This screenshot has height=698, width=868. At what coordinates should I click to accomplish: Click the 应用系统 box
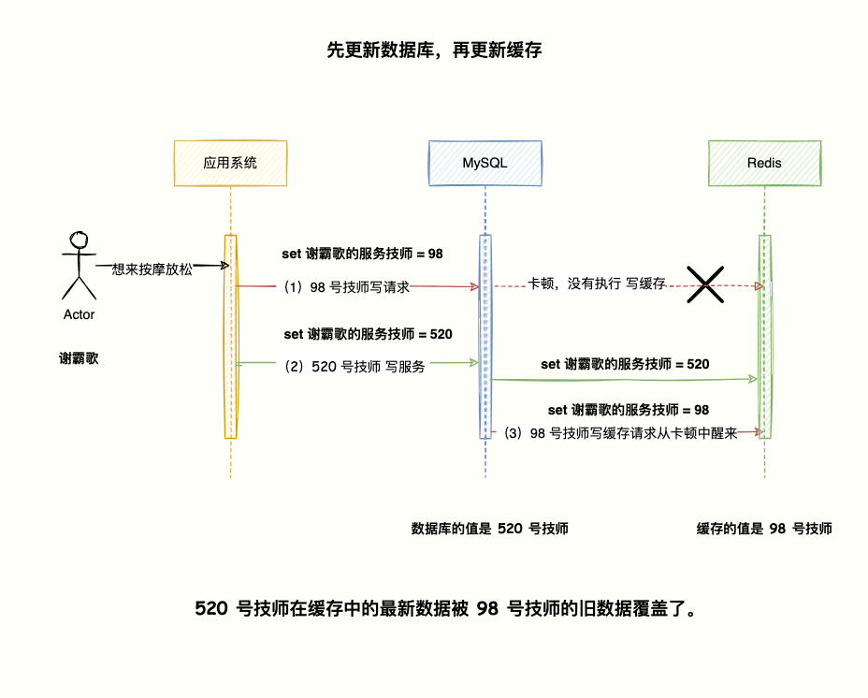tap(230, 163)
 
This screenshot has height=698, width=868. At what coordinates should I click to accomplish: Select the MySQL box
tap(485, 163)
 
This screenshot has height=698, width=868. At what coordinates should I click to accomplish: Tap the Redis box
tap(764, 163)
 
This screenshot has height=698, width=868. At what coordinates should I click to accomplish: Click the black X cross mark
tap(705, 284)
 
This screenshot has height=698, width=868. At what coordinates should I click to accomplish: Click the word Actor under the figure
tap(79, 314)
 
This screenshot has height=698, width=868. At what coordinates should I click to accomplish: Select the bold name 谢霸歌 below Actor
tap(79, 358)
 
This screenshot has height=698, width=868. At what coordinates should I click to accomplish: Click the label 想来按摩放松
tap(152, 269)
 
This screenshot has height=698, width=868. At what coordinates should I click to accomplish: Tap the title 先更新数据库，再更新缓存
tap(434, 51)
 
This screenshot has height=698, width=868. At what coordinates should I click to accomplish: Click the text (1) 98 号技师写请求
tap(347, 287)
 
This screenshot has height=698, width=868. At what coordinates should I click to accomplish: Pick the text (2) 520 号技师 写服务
tap(354, 367)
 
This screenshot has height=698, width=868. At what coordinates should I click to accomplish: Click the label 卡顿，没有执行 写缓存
tap(596, 283)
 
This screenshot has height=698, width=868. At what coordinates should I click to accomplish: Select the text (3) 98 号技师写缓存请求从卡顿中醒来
tap(620, 433)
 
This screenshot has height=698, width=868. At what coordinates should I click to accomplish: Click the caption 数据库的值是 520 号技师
tap(490, 529)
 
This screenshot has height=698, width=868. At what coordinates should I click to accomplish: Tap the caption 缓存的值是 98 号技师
tap(764, 529)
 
